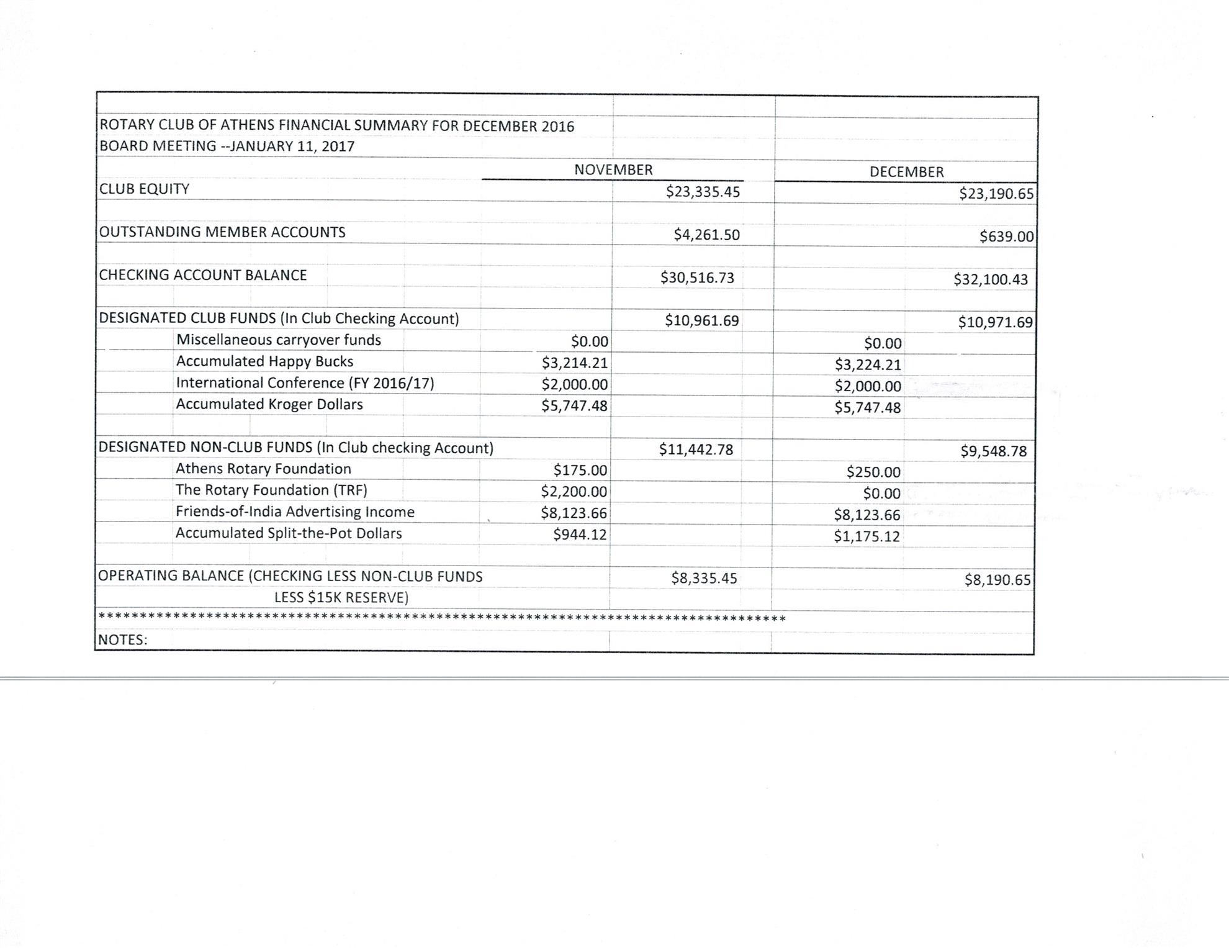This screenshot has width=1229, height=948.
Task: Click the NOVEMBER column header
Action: (613, 169)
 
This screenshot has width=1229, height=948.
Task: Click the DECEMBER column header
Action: (906, 172)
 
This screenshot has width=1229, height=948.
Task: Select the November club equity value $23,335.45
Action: (703, 191)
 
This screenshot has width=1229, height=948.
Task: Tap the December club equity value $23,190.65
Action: (996, 194)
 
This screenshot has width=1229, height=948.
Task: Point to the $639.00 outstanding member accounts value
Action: (1006, 237)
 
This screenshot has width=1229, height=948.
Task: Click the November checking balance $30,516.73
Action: (697, 278)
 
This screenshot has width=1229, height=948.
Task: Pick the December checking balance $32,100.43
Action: (991, 279)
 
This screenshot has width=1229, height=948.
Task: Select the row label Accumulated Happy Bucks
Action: (264, 361)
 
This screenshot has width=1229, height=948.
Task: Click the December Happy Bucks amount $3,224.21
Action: (867, 364)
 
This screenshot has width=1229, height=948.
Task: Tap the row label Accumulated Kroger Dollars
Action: (269, 404)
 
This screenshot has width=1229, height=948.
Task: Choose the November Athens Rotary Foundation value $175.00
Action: (580, 471)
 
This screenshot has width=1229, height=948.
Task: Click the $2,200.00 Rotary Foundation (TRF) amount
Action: (574, 492)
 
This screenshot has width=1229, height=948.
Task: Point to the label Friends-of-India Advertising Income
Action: (295, 512)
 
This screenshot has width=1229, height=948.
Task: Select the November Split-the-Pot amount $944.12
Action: (580, 535)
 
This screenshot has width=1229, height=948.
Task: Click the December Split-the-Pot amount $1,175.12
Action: (867, 536)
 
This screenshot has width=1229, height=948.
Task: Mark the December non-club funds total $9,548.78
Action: (993, 451)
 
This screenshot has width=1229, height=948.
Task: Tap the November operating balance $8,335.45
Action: (704, 579)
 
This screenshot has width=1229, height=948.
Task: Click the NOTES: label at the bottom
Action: (123, 640)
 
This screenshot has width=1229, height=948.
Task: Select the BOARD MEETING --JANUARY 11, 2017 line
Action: (227, 147)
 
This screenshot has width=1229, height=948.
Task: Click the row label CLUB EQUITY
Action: (144, 189)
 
